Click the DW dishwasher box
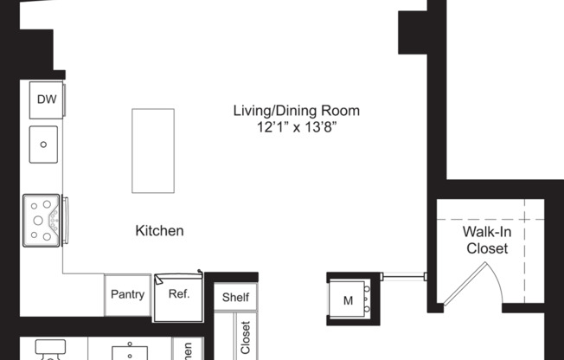pyautogui.click(x=45, y=100)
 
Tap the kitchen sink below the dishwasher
pyautogui.click(x=44, y=144)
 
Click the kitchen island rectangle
pyautogui.click(x=153, y=151)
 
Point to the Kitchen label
pyautogui.click(x=159, y=231)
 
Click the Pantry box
pyautogui.click(x=127, y=293)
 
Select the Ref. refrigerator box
pyautogui.click(x=178, y=294)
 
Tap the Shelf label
pyautogui.click(x=235, y=298)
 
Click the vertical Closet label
pyautogui.click(x=245, y=338)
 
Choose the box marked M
pyautogui.click(x=349, y=300)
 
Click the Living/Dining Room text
pyautogui.click(x=296, y=111)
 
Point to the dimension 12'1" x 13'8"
pyautogui.click(x=296, y=127)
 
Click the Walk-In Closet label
pyautogui.click(x=487, y=240)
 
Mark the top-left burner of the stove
pyautogui.click(x=35, y=206)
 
